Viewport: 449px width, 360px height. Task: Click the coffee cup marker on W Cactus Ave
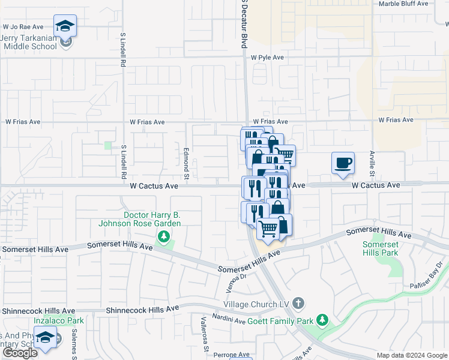pyautogui.click(x=343, y=164)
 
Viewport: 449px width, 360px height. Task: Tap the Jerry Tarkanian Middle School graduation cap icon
pyautogui.click(x=65, y=26)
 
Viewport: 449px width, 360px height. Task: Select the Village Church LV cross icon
pyautogui.click(x=300, y=304)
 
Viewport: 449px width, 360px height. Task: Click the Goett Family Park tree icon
pyautogui.click(x=322, y=320)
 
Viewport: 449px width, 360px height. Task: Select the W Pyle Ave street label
pyautogui.click(x=267, y=58)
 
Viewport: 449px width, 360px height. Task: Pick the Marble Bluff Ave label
pyautogui.click(x=403, y=4)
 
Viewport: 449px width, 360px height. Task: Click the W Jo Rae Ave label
pyautogui.click(x=23, y=27)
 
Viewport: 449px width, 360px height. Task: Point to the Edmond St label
pyautogui.click(x=186, y=162)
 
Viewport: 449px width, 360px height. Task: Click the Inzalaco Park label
pyautogui.click(x=25, y=320)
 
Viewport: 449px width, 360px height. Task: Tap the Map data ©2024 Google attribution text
pyautogui.click(x=412, y=355)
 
